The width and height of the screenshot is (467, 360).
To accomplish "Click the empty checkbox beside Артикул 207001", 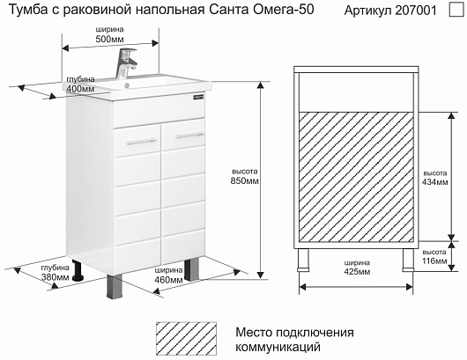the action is (456, 9).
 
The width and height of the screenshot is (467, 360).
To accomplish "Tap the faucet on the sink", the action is (126, 63).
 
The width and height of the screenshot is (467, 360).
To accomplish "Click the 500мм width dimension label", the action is (109, 39).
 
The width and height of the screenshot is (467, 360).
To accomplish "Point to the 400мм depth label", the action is (80, 89).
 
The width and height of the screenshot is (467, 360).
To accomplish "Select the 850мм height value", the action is (245, 180).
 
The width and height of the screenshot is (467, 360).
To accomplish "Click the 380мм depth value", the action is (56, 277).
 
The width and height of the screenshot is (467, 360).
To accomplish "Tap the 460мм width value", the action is (168, 280).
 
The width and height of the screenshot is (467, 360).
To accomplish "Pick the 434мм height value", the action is (434, 182).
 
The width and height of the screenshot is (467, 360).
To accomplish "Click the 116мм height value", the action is (434, 261).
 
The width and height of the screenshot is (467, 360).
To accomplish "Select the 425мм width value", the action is (357, 272).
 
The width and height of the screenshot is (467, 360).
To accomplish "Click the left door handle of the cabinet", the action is (142, 142).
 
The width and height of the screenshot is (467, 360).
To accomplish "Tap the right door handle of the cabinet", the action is (189, 135).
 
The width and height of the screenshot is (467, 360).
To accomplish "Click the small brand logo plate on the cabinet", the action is (198, 97).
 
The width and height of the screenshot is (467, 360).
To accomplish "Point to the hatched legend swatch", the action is (186, 339).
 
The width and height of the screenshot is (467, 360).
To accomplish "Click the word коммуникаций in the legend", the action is (278, 347).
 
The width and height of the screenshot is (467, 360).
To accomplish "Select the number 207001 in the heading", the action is (416, 11).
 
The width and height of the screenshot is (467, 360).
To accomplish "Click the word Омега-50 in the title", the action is (284, 10).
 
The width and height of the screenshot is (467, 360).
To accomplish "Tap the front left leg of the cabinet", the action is (114, 286).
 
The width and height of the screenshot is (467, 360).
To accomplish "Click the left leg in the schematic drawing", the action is (303, 260).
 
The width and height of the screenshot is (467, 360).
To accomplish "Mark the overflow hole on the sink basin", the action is (127, 85).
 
